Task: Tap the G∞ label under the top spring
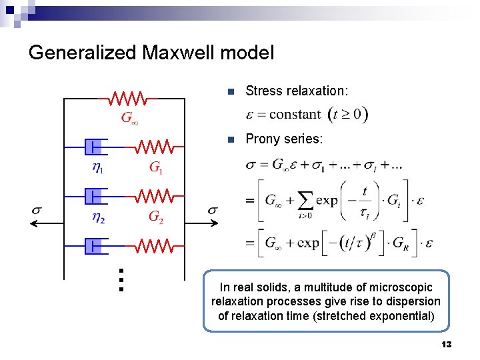pyautogui.click(x=129, y=119)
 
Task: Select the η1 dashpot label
pyautogui.click(x=97, y=168)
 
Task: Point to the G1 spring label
pyautogui.click(x=156, y=168)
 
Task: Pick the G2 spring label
pyautogui.click(x=156, y=217)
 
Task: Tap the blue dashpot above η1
pyautogui.click(x=94, y=147)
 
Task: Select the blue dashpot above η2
pyautogui.click(x=94, y=196)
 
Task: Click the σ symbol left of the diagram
pyautogui.click(x=37, y=211)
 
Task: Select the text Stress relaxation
pyautogui.click(x=297, y=91)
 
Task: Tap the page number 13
pyautogui.click(x=447, y=345)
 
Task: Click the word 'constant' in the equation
pyautogui.click(x=295, y=114)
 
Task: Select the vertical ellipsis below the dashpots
pyautogui.click(x=120, y=280)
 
